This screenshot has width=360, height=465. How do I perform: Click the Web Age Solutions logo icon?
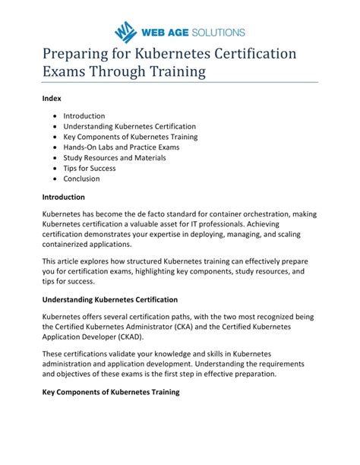pos(124,33)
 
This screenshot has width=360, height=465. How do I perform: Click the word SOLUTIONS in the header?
pos(216,32)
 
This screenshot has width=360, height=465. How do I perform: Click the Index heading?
pos(51,98)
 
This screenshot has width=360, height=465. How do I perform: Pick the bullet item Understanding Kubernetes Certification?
pos(129,126)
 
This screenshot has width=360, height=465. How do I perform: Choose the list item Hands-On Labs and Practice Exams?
pos(122,147)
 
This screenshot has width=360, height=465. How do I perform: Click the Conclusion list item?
pos(81,179)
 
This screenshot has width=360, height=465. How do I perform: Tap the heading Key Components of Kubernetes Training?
pos(110,392)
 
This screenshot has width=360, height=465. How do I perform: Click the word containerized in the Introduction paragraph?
pos(68,245)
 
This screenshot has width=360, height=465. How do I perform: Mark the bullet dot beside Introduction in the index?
pos(56,116)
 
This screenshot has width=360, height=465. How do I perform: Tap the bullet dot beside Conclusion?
pos(56,179)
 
